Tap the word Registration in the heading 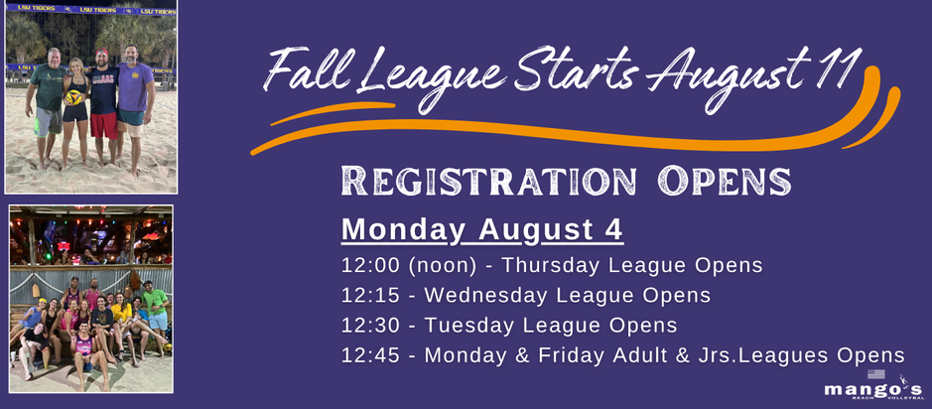488,181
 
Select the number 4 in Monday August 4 614,230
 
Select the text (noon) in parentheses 442,266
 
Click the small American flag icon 875,374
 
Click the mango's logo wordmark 873,390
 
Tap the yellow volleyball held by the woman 74,97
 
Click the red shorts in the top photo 103,125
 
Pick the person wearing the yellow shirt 121,321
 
